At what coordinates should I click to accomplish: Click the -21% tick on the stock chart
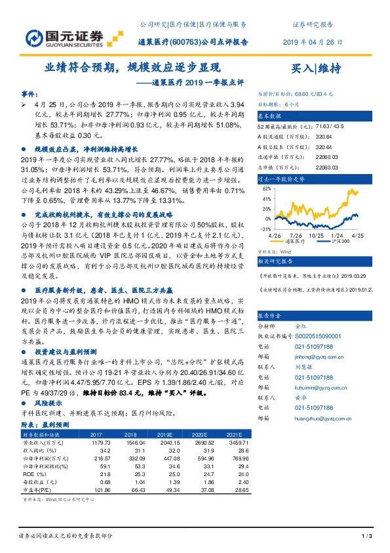click(267, 229)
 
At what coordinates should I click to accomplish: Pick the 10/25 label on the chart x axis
click(318, 234)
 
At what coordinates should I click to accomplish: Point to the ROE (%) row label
click(32, 474)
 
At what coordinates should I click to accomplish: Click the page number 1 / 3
click(367, 538)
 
